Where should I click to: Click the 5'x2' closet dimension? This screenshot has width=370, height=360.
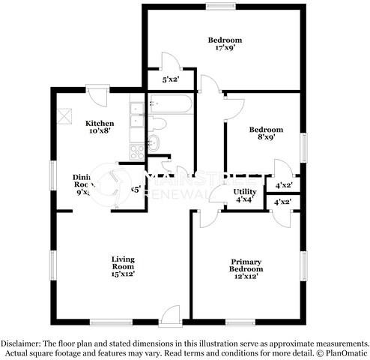(x=172, y=77)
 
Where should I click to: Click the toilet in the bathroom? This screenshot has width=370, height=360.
(x=158, y=123)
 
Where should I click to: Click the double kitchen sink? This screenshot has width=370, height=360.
(x=137, y=115)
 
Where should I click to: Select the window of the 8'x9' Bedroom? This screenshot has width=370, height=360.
(x=304, y=146)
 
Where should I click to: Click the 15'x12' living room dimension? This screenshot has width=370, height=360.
(x=123, y=274)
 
